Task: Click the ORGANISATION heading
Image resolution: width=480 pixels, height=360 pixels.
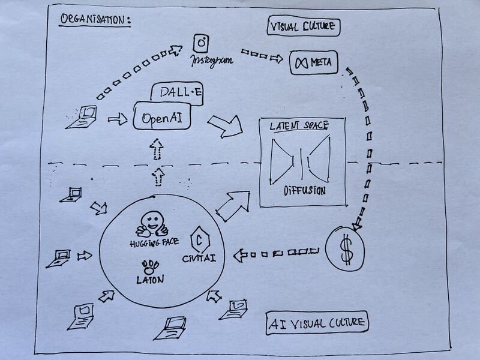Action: pyautogui.click(x=95, y=19)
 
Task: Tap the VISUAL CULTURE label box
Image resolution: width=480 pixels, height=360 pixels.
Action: pyautogui.click(x=304, y=27)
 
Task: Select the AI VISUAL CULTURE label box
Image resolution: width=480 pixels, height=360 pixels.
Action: pyautogui.click(x=317, y=323)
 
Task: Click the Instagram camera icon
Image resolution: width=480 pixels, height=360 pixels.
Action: pyautogui.click(x=201, y=44)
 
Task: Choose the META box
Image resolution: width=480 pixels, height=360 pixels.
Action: pyautogui.click(x=314, y=62)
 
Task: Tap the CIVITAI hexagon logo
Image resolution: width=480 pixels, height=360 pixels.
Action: pyautogui.click(x=198, y=239)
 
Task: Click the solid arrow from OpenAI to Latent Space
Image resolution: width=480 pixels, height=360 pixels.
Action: pyautogui.click(x=224, y=124)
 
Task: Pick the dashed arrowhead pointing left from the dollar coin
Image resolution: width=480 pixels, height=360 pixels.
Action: pyautogui.click(x=241, y=256)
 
